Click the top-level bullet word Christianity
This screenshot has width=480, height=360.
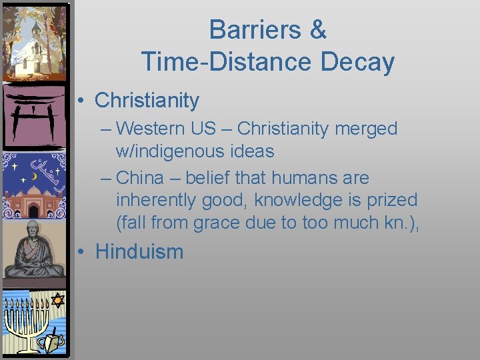[x=147, y=101]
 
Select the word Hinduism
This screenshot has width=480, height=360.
[x=139, y=251]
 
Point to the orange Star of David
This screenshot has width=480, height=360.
[x=57, y=301]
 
